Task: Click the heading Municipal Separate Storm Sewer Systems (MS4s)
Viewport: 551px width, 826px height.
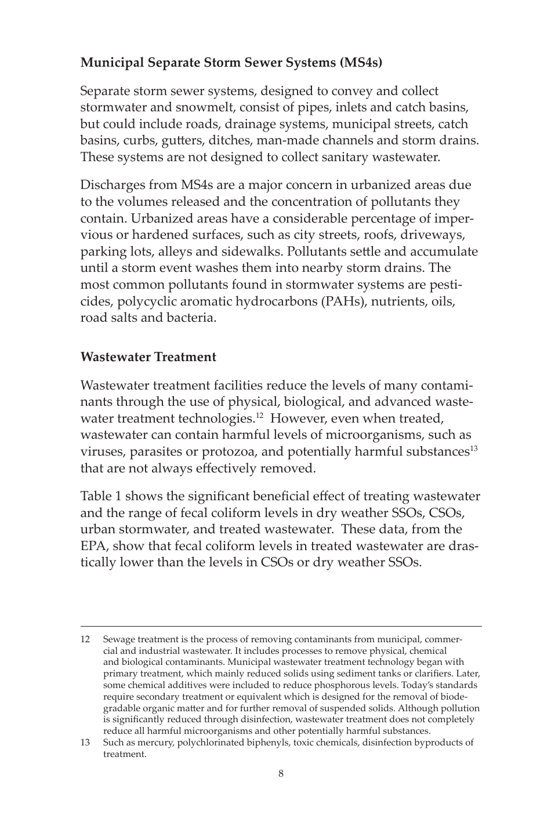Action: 231,63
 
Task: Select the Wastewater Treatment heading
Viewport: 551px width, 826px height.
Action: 148,357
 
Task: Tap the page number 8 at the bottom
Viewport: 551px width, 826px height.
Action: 281,773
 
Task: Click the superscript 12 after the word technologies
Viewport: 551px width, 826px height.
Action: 260,415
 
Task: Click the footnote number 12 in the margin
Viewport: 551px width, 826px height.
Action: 85,639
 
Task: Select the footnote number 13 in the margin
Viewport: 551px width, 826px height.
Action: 85,743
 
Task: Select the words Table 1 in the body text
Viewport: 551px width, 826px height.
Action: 101,496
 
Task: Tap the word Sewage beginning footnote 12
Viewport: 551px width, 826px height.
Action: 118,639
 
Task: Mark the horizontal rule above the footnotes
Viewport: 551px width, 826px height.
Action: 281,626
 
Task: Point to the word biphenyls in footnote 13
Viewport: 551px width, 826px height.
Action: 270,743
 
